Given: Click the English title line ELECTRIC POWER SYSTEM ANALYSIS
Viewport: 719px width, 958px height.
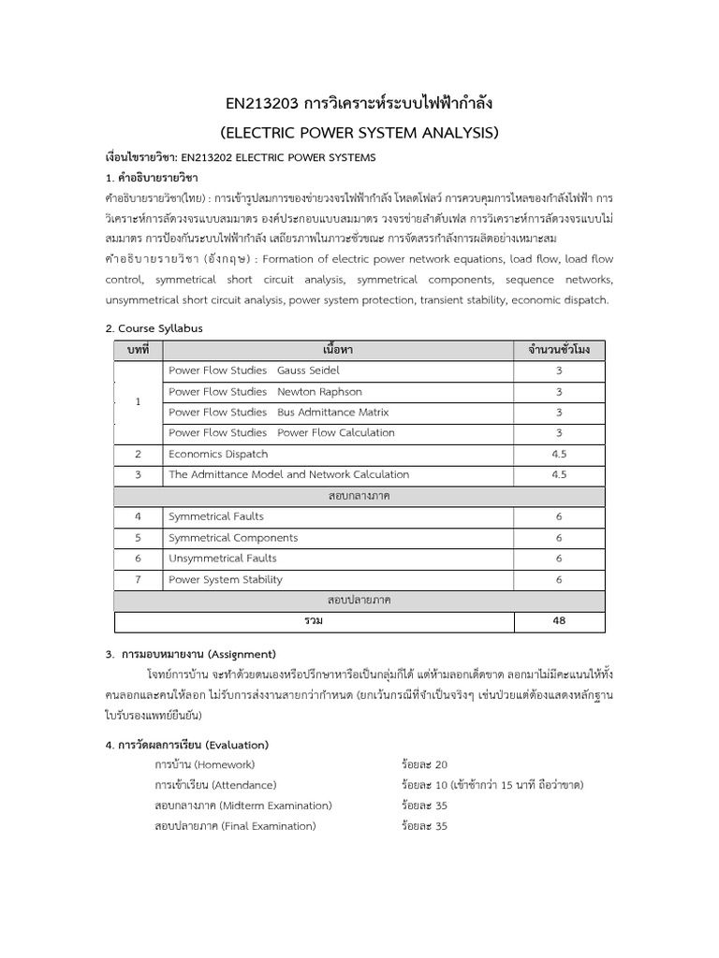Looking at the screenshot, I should coord(359,131).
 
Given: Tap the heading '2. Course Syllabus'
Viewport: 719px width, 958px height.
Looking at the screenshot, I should coord(154,328).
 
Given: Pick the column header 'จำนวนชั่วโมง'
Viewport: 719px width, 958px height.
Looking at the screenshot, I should coord(559,350).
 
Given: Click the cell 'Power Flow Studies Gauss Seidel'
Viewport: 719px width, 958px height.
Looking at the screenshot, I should coord(254,370).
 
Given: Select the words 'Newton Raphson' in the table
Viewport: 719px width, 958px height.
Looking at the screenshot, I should coord(319,392).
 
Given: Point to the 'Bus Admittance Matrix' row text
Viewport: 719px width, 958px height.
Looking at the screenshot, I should coord(332,413).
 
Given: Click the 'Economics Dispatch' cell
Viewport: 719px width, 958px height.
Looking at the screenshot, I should coord(217,454).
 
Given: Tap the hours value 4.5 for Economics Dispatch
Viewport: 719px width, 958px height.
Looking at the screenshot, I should coord(559,454).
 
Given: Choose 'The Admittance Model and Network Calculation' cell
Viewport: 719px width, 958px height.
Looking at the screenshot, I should coord(288,475).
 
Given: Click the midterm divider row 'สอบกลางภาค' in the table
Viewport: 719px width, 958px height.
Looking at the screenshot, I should coord(359,496).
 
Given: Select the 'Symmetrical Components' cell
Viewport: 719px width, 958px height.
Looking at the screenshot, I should coord(233,538).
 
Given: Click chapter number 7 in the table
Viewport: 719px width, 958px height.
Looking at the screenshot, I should coord(138,579).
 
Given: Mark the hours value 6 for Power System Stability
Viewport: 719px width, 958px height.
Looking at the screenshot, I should coord(559,579).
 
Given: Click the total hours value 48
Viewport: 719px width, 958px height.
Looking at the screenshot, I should coord(559,621).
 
